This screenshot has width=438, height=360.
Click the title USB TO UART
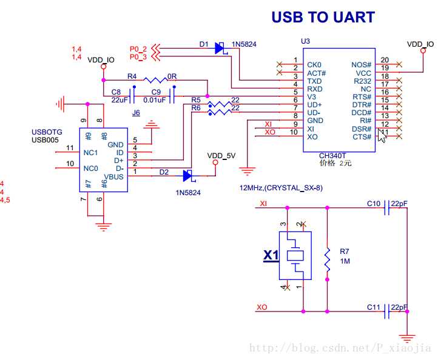point(323,17)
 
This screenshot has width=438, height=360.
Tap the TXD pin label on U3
point(315,81)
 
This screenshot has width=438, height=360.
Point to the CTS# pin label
point(362,137)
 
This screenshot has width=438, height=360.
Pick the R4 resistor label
point(132,77)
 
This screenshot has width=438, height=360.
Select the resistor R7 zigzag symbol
point(327,259)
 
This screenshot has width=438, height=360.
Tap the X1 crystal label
point(271,256)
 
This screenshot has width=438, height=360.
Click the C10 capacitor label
point(373,204)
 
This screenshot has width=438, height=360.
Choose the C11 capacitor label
point(373,307)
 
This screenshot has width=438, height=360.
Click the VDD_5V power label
point(221,156)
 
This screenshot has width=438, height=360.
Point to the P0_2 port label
point(138,48)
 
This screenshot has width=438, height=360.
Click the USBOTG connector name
point(47,132)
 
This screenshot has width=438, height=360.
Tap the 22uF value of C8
point(119,100)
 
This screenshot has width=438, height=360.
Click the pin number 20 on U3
point(385,60)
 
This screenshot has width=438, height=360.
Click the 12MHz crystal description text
point(281,188)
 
